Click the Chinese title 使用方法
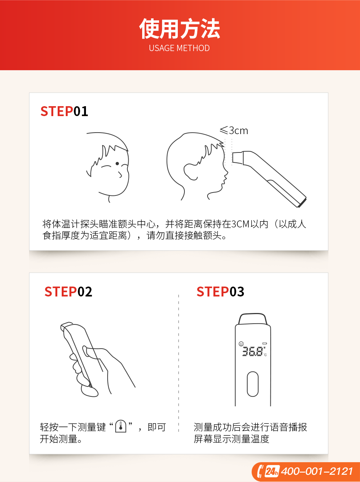pyautogui.click(x=180, y=29)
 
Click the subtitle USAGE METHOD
pyautogui.click(x=179, y=48)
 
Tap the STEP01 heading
pyautogui.click(x=64, y=111)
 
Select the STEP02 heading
pyautogui.click(x=68, y=292)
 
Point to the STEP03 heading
pyautogui.click(x=220, y=292)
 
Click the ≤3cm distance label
pyautogui.click(x=234, y=131)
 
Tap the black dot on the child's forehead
pyautogui.click(x=117, y=163)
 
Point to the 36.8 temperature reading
pyautogui.click(x=252, y=352)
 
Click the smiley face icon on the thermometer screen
pyautogui.click(x=241, y=343)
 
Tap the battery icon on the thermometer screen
pyautogui.click(x=264, y=343)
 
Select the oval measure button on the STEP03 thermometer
pyautogui.click(x=253, y=384)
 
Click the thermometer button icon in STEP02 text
pyautogui.click(x=121, y=427)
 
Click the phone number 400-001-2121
pyautogui.click(x=317, y=471)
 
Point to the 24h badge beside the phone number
pyautogui.click(x=272, y=471)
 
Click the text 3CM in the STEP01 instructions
pyautogui.click(x=240, y=224)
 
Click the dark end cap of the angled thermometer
pyautogui.click(x=302, y=203)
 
